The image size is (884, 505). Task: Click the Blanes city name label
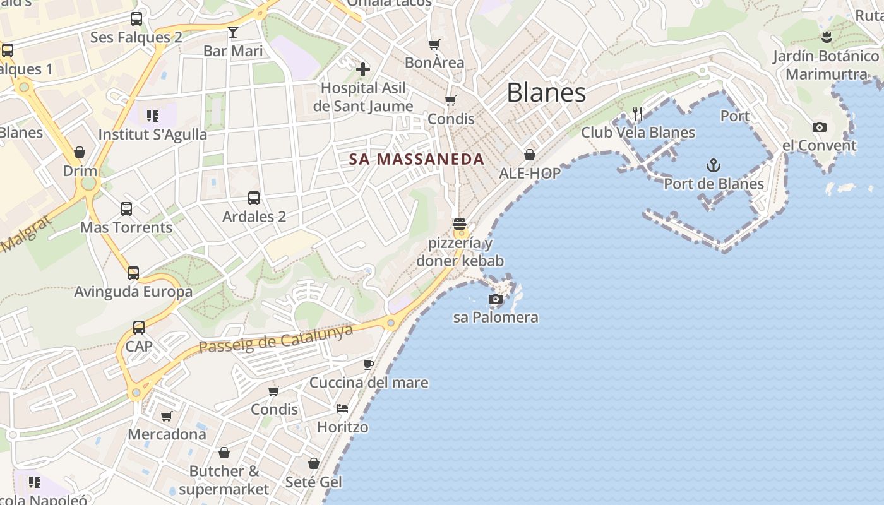tap(546, 93)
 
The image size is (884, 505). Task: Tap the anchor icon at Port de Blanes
tap(713, 166)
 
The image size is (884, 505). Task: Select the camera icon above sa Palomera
tap(496, 299)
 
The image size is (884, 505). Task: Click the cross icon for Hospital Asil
tap(363, 69)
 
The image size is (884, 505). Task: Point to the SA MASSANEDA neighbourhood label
tap(417, 160)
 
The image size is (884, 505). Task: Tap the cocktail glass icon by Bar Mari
tap(233, 32)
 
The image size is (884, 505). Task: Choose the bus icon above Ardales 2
tap(254, 198)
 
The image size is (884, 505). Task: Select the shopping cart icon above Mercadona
tap(166, 417)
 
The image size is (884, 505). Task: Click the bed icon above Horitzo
tap(342, 408)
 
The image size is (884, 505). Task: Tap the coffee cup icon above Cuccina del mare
tap(369, 364)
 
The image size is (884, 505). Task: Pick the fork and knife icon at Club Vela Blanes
tap(638, 114)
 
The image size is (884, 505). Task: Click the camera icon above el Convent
tap(820, 127)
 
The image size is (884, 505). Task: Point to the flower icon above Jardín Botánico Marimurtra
tap(827, 37)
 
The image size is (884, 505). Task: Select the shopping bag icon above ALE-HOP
tap(530, 155)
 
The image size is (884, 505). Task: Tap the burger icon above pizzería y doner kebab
tap(460, 224)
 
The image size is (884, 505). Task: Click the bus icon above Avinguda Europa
tap(133, 273)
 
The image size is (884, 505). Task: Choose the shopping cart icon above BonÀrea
tap(434, 45)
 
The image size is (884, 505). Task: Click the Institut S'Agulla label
tap(153, 134)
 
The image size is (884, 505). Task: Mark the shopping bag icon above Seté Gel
tap(314, 464)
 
